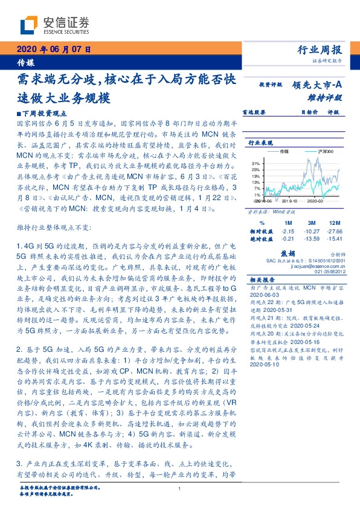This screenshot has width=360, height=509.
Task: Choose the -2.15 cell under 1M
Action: coord(287,231)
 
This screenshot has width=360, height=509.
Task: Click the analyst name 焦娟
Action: coord(287,254)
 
